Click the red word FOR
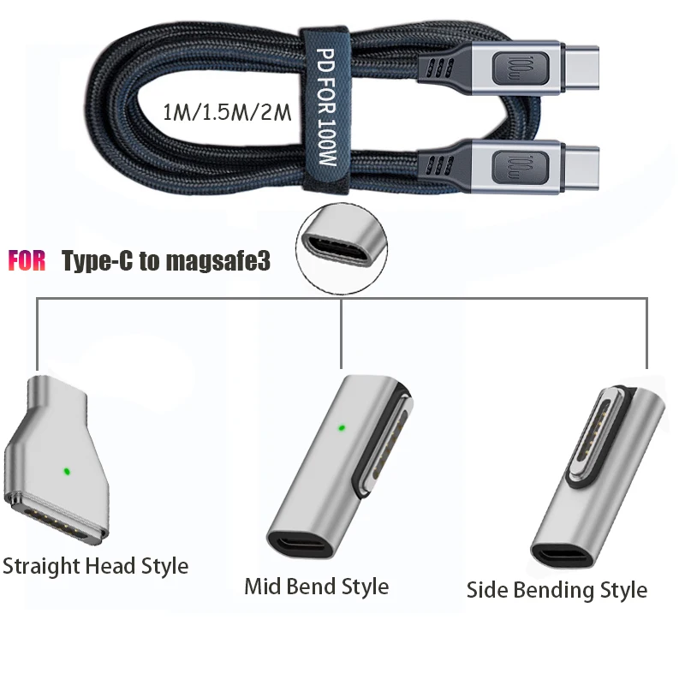click(x=27, y=261)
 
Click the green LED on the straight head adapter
click(x=66, y=470)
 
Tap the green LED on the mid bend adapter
click(x=342, y=426)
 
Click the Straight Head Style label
click(x=95, y=566)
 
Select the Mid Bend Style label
click(x=316, y=587)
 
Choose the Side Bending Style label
click(x=557, y=590)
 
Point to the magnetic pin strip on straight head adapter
click(x=51, y=518)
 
